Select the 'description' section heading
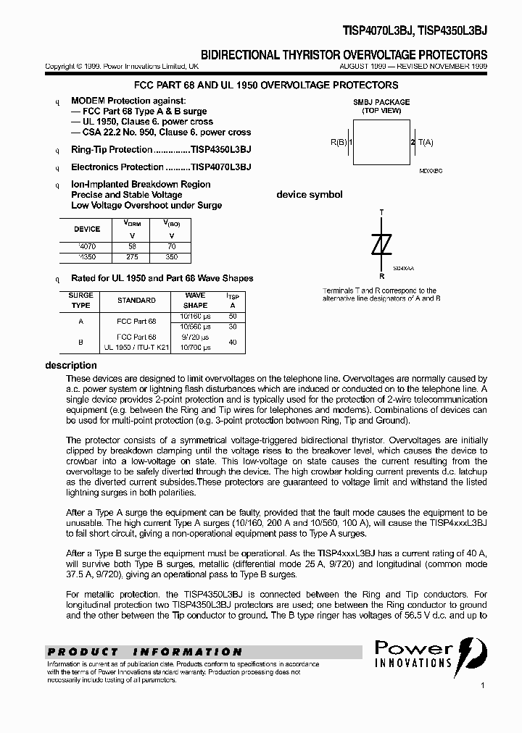(x=71, y=366)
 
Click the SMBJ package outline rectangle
(x=382, y=142)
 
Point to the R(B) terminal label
(x=339, y=143)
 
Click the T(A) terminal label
(x=426, y=143)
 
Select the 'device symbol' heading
(x=310, y=195)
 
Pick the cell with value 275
(x=131, y=256)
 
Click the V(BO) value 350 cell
(x=171, y=256)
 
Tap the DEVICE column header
(x=87, y=229)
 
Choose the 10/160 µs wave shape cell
(x=195, y=316)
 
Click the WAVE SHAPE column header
(x=195, y=300)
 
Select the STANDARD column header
(x=136, y=300)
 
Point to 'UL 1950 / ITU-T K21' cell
(x=136, y=348)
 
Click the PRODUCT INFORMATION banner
(x=145, y=652)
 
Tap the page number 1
(x=482, y=684)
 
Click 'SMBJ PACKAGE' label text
(x=381, y=102)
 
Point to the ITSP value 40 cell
(x=232, y=342)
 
